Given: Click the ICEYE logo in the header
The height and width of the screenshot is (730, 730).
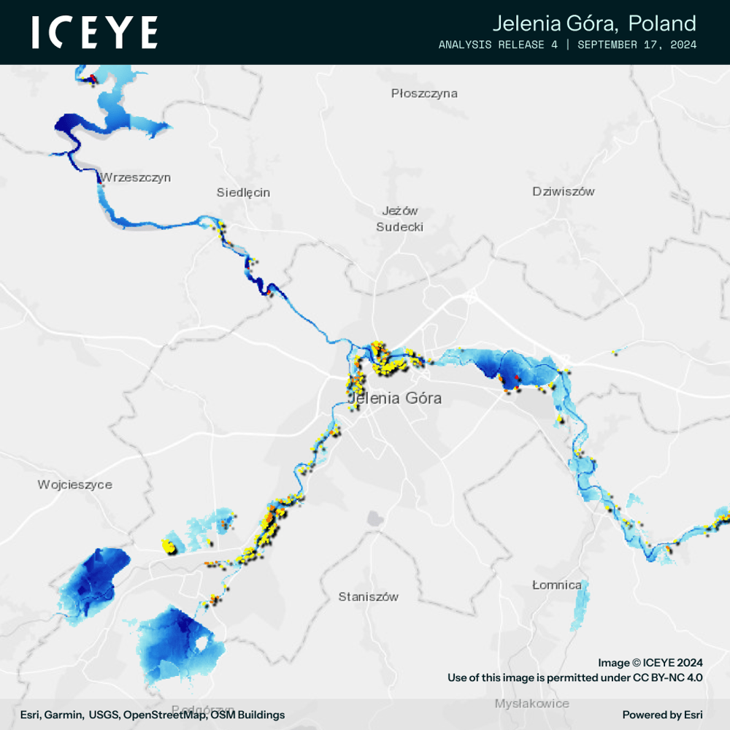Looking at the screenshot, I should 95,33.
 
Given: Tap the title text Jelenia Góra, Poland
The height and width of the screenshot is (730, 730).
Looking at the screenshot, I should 593,23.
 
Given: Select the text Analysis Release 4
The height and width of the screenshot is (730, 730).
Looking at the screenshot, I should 504,45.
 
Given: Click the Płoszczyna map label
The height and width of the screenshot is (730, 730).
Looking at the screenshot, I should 424,93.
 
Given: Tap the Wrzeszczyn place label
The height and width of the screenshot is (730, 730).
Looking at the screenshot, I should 136,177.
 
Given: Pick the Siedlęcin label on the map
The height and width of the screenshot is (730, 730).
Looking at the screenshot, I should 243,193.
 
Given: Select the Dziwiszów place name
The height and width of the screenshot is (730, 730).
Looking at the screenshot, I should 564,192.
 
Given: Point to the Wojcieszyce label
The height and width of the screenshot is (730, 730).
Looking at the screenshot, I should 75,485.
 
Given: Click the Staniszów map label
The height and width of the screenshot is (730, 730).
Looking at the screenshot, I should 369,597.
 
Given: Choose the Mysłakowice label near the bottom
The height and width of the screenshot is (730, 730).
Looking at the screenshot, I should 531,704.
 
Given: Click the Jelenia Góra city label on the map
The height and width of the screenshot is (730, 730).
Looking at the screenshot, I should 395,399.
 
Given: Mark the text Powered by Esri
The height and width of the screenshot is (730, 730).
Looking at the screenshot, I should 662,715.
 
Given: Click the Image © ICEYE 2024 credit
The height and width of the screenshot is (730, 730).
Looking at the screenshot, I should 650,663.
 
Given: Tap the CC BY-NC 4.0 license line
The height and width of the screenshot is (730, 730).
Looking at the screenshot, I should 575,678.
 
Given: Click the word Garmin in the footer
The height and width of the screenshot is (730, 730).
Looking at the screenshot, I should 64,715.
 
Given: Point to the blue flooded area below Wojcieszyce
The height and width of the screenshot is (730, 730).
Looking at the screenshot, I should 95,580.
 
